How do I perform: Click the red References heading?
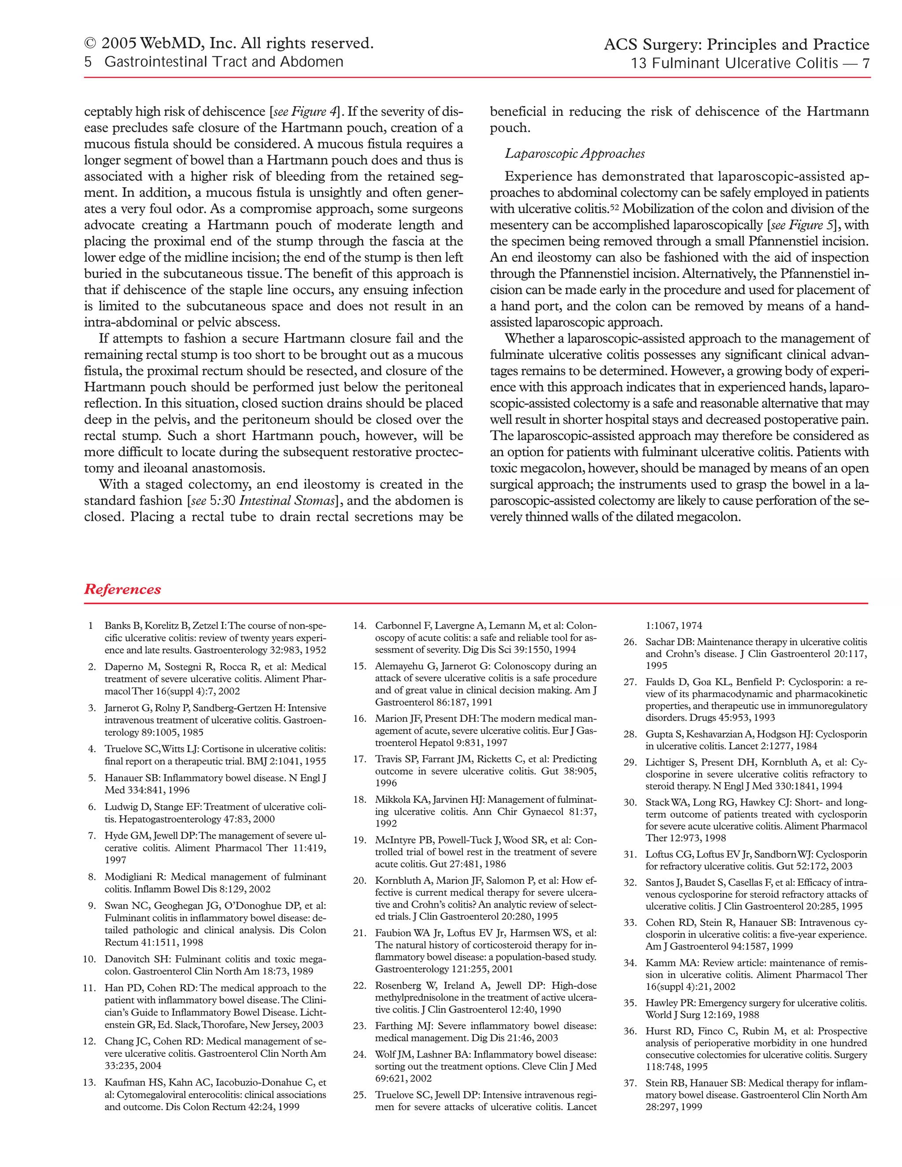pyautogui.click(x=122, y=589)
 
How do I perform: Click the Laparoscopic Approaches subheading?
pyautogui.click(x=574, y=154)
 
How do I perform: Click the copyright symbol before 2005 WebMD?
pyautogui.click(x=90, y=43)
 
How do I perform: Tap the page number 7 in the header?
pyautogui.click(x=865, y=63)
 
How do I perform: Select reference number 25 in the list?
pyautogui.click(x=360, y=1095)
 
